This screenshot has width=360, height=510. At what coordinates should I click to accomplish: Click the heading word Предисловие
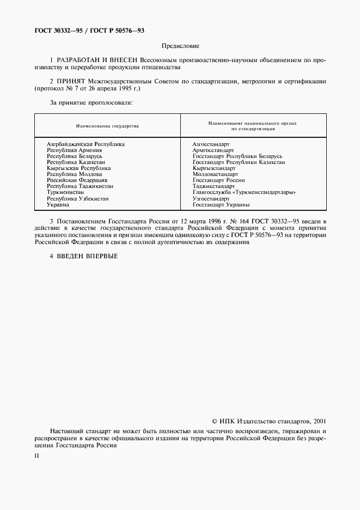click(180, 47)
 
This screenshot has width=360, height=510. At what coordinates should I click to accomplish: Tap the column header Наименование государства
click(107, 126)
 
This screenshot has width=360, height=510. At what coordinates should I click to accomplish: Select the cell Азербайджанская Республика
click(86, 144)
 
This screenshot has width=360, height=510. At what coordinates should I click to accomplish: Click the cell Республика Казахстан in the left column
click(76, 162)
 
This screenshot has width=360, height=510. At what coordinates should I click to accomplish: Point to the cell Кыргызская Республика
click(78, 168)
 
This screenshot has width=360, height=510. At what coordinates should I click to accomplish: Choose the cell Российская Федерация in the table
click(77, 180)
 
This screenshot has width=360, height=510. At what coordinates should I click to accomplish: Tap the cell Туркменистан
click(65, 192)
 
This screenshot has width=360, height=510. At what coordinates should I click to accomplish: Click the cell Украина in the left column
click(58, 204)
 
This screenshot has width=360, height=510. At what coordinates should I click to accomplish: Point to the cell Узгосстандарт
click(211, 198)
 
